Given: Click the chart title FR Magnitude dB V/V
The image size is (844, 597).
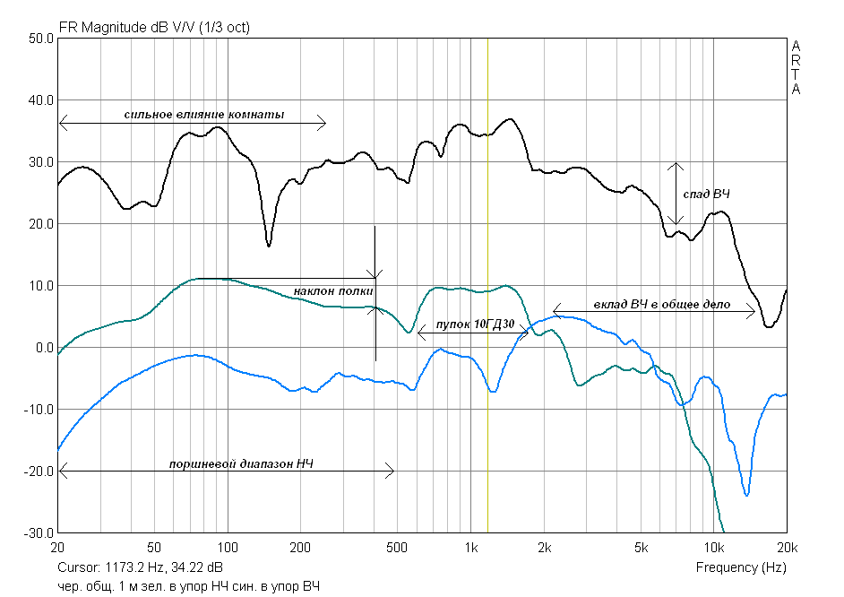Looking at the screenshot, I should click(x=154, y=28).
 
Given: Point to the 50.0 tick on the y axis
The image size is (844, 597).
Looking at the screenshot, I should click(x=39, y=39).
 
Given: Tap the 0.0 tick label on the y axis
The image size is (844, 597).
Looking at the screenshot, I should click(x=43, y=348).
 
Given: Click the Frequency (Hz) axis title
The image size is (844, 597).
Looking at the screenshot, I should click(x=741, y=567).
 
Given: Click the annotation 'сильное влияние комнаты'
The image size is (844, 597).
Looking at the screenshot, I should click(x=204, y=116).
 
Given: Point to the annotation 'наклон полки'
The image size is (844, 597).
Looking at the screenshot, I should click(x=333, y=292).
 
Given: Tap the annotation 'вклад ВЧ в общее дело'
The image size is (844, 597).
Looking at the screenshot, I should click(x=661, y=305).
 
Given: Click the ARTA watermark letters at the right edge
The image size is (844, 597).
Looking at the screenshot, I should click(x=796, y=67).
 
